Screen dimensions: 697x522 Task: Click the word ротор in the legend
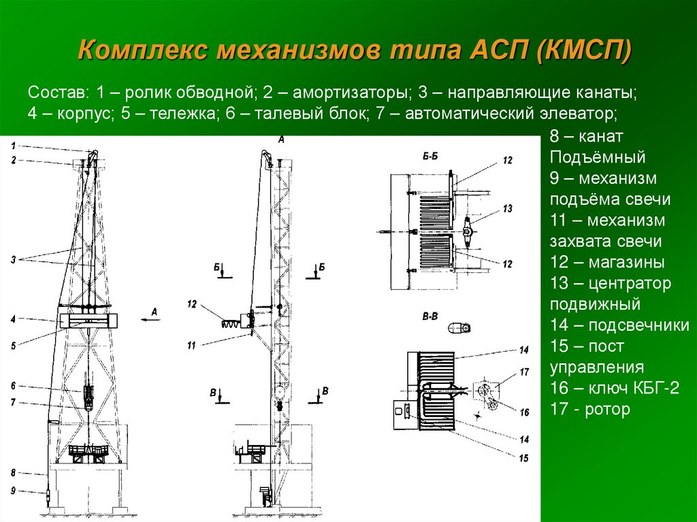pos(609,409)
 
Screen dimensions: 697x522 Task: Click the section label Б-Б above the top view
pos(429,157)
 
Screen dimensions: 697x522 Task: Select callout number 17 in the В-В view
pos(523,372)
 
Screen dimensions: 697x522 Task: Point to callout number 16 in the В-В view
pos(523,412)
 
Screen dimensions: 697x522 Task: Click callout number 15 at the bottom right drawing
pos(523,458)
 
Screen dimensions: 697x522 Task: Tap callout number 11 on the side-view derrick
pos(191,346)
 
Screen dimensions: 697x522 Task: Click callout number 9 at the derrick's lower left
pos(14,491)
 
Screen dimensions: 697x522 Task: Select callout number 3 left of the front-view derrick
pos(14,259)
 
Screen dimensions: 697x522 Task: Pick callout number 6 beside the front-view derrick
pos(14,385)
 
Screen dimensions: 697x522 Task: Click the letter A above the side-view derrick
pos(281,139)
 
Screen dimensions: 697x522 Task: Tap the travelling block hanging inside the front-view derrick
pos(89,395)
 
